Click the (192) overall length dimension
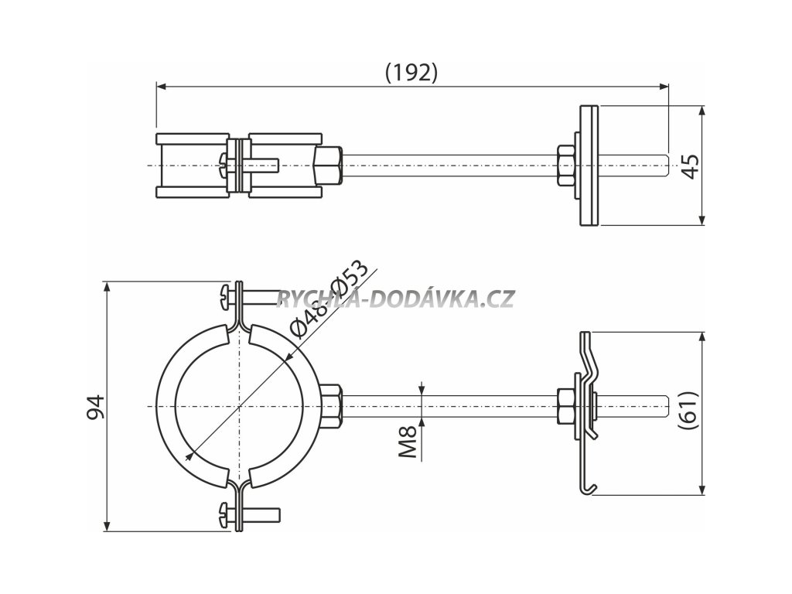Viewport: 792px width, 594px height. pyautogui.click(x=411, y=72)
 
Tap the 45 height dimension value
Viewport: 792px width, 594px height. pyautogui.click(x=690, y=166)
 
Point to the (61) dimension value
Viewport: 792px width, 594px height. pyautogui.click(x=690, y=411)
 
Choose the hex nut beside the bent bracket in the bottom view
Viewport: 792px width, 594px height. pyautogui.click(x=565, y=407)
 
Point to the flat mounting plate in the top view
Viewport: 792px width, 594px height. pyautogui.click(x=588, y=166)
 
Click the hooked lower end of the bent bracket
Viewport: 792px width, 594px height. pyautogui.click(x=589, y=486)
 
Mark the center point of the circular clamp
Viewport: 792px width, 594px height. pyautogui.click(x=240, y=407)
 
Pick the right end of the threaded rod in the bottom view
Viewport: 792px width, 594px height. pyautogui.click(x=664, y=407)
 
